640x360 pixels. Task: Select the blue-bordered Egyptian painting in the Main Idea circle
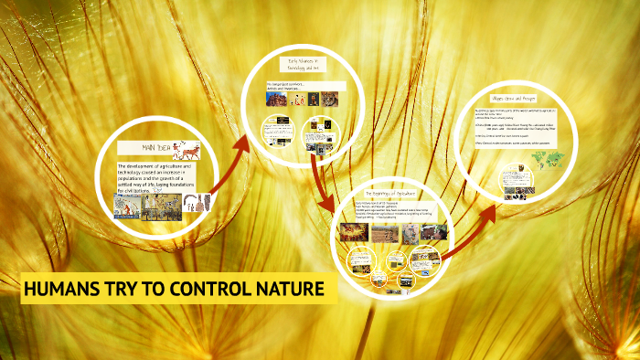[128, 206]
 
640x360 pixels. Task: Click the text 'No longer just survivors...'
[288, 83]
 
